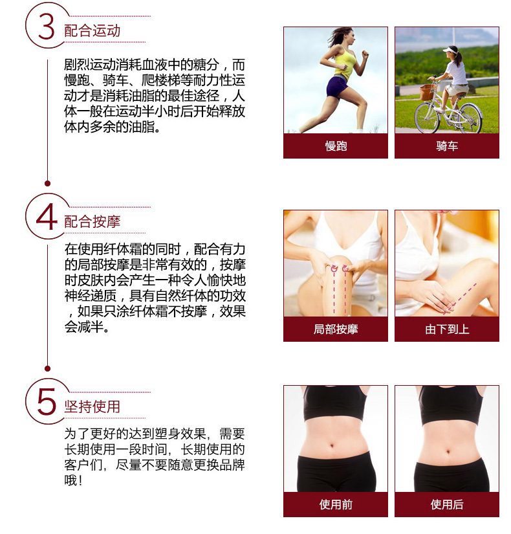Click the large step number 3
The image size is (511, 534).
tap(47, 27)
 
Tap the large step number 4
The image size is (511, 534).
tap(47, 217)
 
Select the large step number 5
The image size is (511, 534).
tap(47, 402)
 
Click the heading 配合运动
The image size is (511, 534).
tap(92, 30)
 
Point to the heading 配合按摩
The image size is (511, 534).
tap(92, 222)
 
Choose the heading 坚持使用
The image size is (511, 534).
tap(92, 406)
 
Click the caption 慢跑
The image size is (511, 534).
tap(336, 146)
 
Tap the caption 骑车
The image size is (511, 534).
tap(447, 146)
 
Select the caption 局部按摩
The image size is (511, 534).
tap(336, 329)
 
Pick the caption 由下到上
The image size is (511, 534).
tap(447, 329)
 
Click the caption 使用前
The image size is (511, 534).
tap(336, 504)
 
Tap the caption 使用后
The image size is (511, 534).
tap(447, 504)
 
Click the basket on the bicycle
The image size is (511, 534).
tap(428, 92)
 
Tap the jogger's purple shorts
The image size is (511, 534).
tap(337, 86)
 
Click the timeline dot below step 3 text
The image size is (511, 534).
tap(48, 184)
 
